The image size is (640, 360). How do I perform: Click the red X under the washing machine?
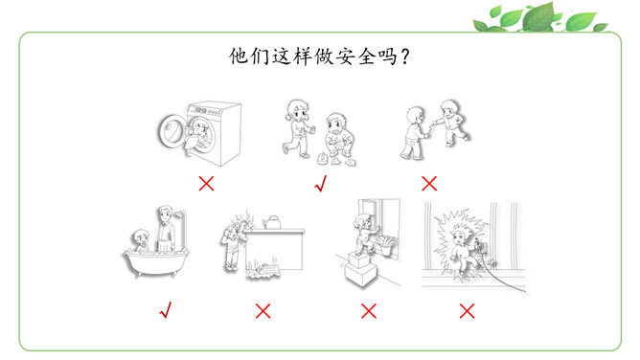pos(206,184)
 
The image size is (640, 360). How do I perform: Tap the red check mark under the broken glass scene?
pos(321,184)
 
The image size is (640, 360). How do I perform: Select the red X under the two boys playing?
pos(429,184)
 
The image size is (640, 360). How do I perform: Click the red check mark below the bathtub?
pos(166,310)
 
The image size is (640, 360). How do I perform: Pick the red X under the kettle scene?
pos(263,311)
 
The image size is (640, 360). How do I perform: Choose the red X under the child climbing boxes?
pos(369,311)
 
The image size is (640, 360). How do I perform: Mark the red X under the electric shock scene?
pos(467,311)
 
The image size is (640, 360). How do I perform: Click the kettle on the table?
pos(272,222)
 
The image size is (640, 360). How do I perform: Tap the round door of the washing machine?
pos(171,130)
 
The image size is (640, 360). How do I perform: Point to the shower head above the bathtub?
pos(180,214)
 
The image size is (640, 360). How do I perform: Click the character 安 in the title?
pos(345,56)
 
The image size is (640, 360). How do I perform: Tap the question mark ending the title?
pos(405,56)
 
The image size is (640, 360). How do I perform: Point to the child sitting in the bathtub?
pos(142,241)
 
